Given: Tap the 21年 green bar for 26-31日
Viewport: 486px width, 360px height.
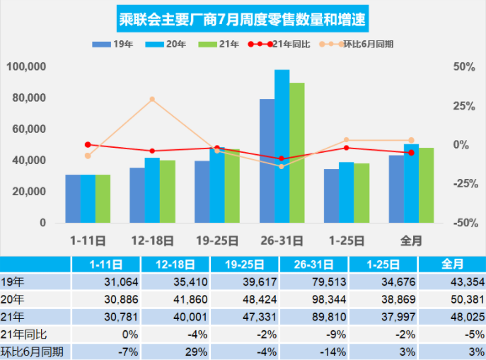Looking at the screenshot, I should click(x=297, y=153).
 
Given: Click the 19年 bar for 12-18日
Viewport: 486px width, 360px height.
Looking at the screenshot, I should click(x=137, y=195).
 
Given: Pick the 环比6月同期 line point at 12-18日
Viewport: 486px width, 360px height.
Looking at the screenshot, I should click(x=152, y=99).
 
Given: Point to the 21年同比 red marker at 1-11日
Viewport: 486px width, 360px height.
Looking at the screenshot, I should click(x=88, y=144).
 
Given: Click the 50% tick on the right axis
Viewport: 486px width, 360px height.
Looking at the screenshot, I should click(x=463, y=66).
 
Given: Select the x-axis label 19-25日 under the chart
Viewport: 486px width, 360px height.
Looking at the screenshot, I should click(x=216, y=240).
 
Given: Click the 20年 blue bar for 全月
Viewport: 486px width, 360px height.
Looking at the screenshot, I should click(x=411, y=183).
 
